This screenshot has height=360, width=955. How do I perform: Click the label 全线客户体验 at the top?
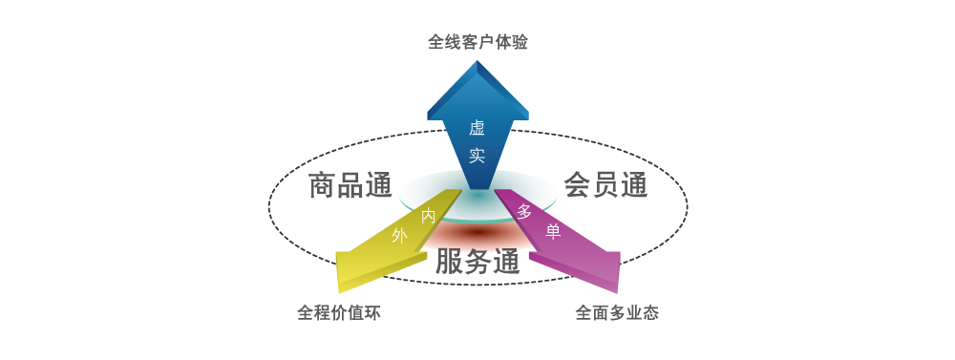(x=477, y=42)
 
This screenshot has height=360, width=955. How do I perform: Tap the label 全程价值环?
(x=338, y=311)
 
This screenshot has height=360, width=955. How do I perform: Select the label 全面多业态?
(x=616, y=311)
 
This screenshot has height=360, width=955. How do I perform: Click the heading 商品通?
(x=350, y=185)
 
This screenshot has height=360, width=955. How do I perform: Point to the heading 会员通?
(x=605, y=185)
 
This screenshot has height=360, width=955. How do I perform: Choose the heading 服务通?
(x=477, y=262)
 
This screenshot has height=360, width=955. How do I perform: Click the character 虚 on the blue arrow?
(x=477, y=129)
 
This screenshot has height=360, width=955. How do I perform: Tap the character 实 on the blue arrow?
(x=477, y=156)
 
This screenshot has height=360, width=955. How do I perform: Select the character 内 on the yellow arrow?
(x=429, y=217)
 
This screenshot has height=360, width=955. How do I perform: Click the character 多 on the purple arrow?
(x=524, y=212)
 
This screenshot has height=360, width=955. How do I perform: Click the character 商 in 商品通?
(x=322, y=185)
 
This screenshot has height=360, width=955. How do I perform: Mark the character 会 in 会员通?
(x=577, y=185)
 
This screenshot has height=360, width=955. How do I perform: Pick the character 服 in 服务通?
(x=450, y=262)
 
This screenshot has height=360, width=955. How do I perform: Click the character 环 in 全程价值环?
(x=371, y=311)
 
